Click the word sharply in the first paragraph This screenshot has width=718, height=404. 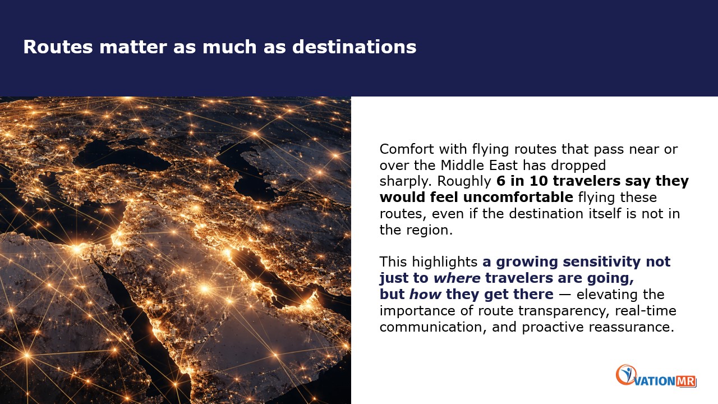pyautogui.click(x=405, y=182)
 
